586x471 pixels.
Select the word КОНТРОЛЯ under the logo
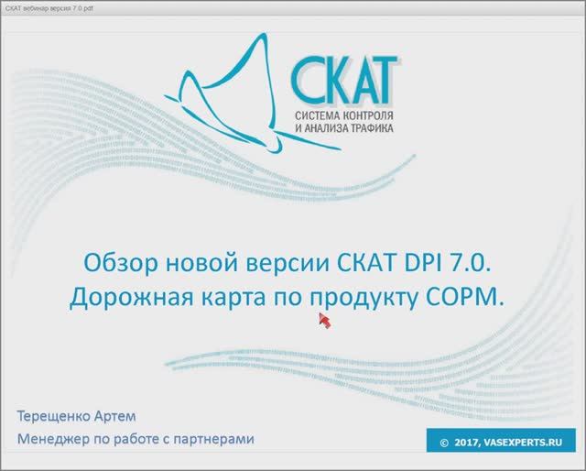point(371,116)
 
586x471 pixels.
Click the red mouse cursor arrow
point(323,319)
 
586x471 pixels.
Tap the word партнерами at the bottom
point(212,439)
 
